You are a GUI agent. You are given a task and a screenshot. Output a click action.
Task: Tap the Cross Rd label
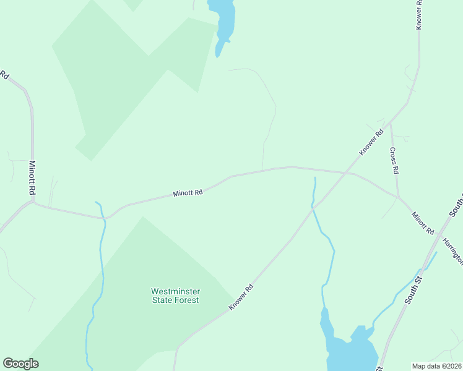pos(394,160)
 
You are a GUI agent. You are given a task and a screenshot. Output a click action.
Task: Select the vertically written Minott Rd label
pos(32,179)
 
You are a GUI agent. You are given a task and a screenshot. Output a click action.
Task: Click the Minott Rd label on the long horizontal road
pos(188,193)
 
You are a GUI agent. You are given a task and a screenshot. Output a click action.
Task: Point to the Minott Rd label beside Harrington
pos(423,223)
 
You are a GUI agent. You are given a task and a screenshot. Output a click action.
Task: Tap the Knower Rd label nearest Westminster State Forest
pos(241,297)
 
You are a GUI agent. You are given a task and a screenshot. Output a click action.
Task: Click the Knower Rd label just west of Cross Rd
pos(371,142)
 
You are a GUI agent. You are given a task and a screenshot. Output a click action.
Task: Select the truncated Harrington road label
pos(452,249)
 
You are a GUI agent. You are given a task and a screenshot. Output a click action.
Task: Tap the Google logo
pos(21,364)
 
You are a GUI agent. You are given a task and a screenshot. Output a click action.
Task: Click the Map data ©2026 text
pos(436,366)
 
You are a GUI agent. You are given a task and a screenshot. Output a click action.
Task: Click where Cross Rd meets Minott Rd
pos(398,198)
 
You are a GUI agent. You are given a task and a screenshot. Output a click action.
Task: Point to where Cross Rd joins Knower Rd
pos(390,121)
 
